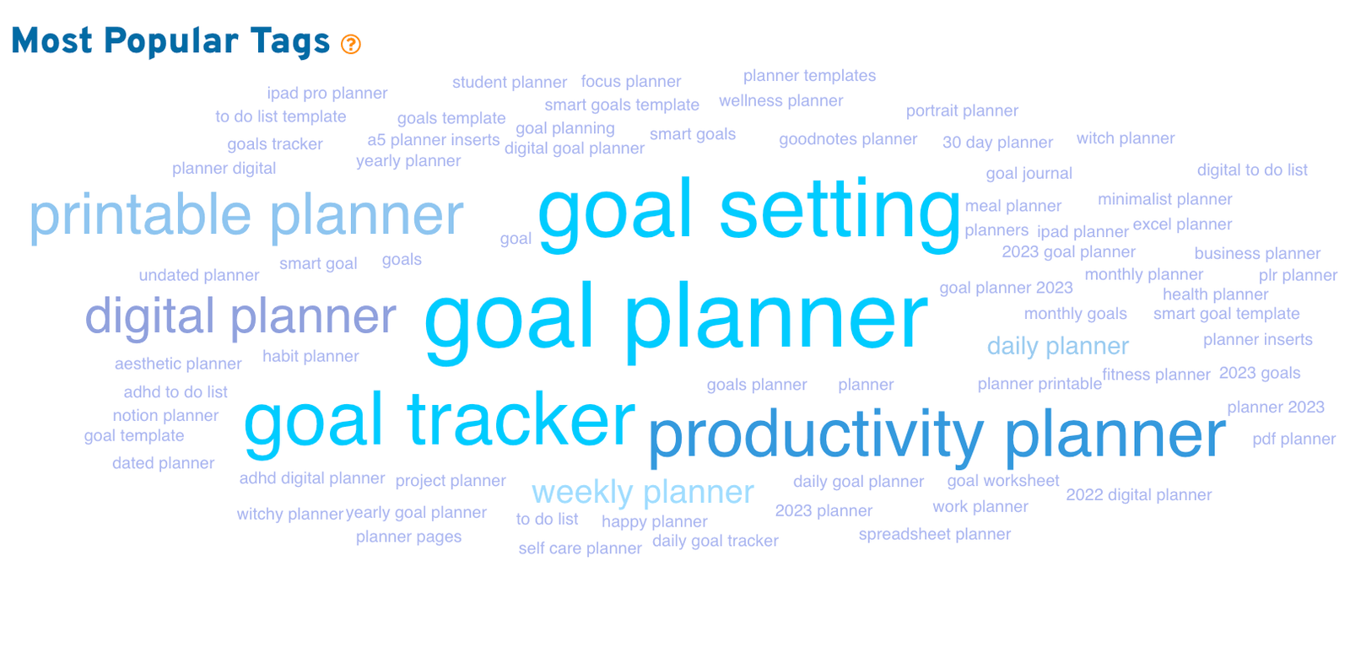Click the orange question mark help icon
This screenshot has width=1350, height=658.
tap(351, 44)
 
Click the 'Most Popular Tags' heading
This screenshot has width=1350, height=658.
tap(170, 41)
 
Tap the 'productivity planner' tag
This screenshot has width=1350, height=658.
tap(937, 435)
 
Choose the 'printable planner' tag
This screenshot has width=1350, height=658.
tap(246, 216)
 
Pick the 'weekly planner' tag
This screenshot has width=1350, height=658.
tap(642, 493)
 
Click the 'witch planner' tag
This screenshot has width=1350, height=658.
tap(1126, 138)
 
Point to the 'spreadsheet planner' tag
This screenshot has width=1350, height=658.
tap(935, 535)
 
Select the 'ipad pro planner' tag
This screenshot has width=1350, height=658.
tap(327, 94)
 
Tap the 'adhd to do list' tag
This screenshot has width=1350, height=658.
tap(175, 392)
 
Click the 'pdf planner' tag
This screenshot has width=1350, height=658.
tap(1294, 440)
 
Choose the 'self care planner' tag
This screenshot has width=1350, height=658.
tap(580, 548)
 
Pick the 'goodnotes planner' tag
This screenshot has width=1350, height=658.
tap(848, 139)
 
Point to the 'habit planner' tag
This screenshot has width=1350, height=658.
tap(310, 357)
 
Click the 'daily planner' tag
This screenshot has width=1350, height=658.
tap(1058, 347)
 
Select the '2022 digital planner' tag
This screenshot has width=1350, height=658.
tap(1138, 495)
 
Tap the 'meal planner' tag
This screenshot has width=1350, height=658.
tap(1013, 206)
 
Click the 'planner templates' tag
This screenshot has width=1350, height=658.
tap(809, 76)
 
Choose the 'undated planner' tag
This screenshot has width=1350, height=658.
tap(199, 275)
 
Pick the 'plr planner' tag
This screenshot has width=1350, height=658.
tap(1298, 275)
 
